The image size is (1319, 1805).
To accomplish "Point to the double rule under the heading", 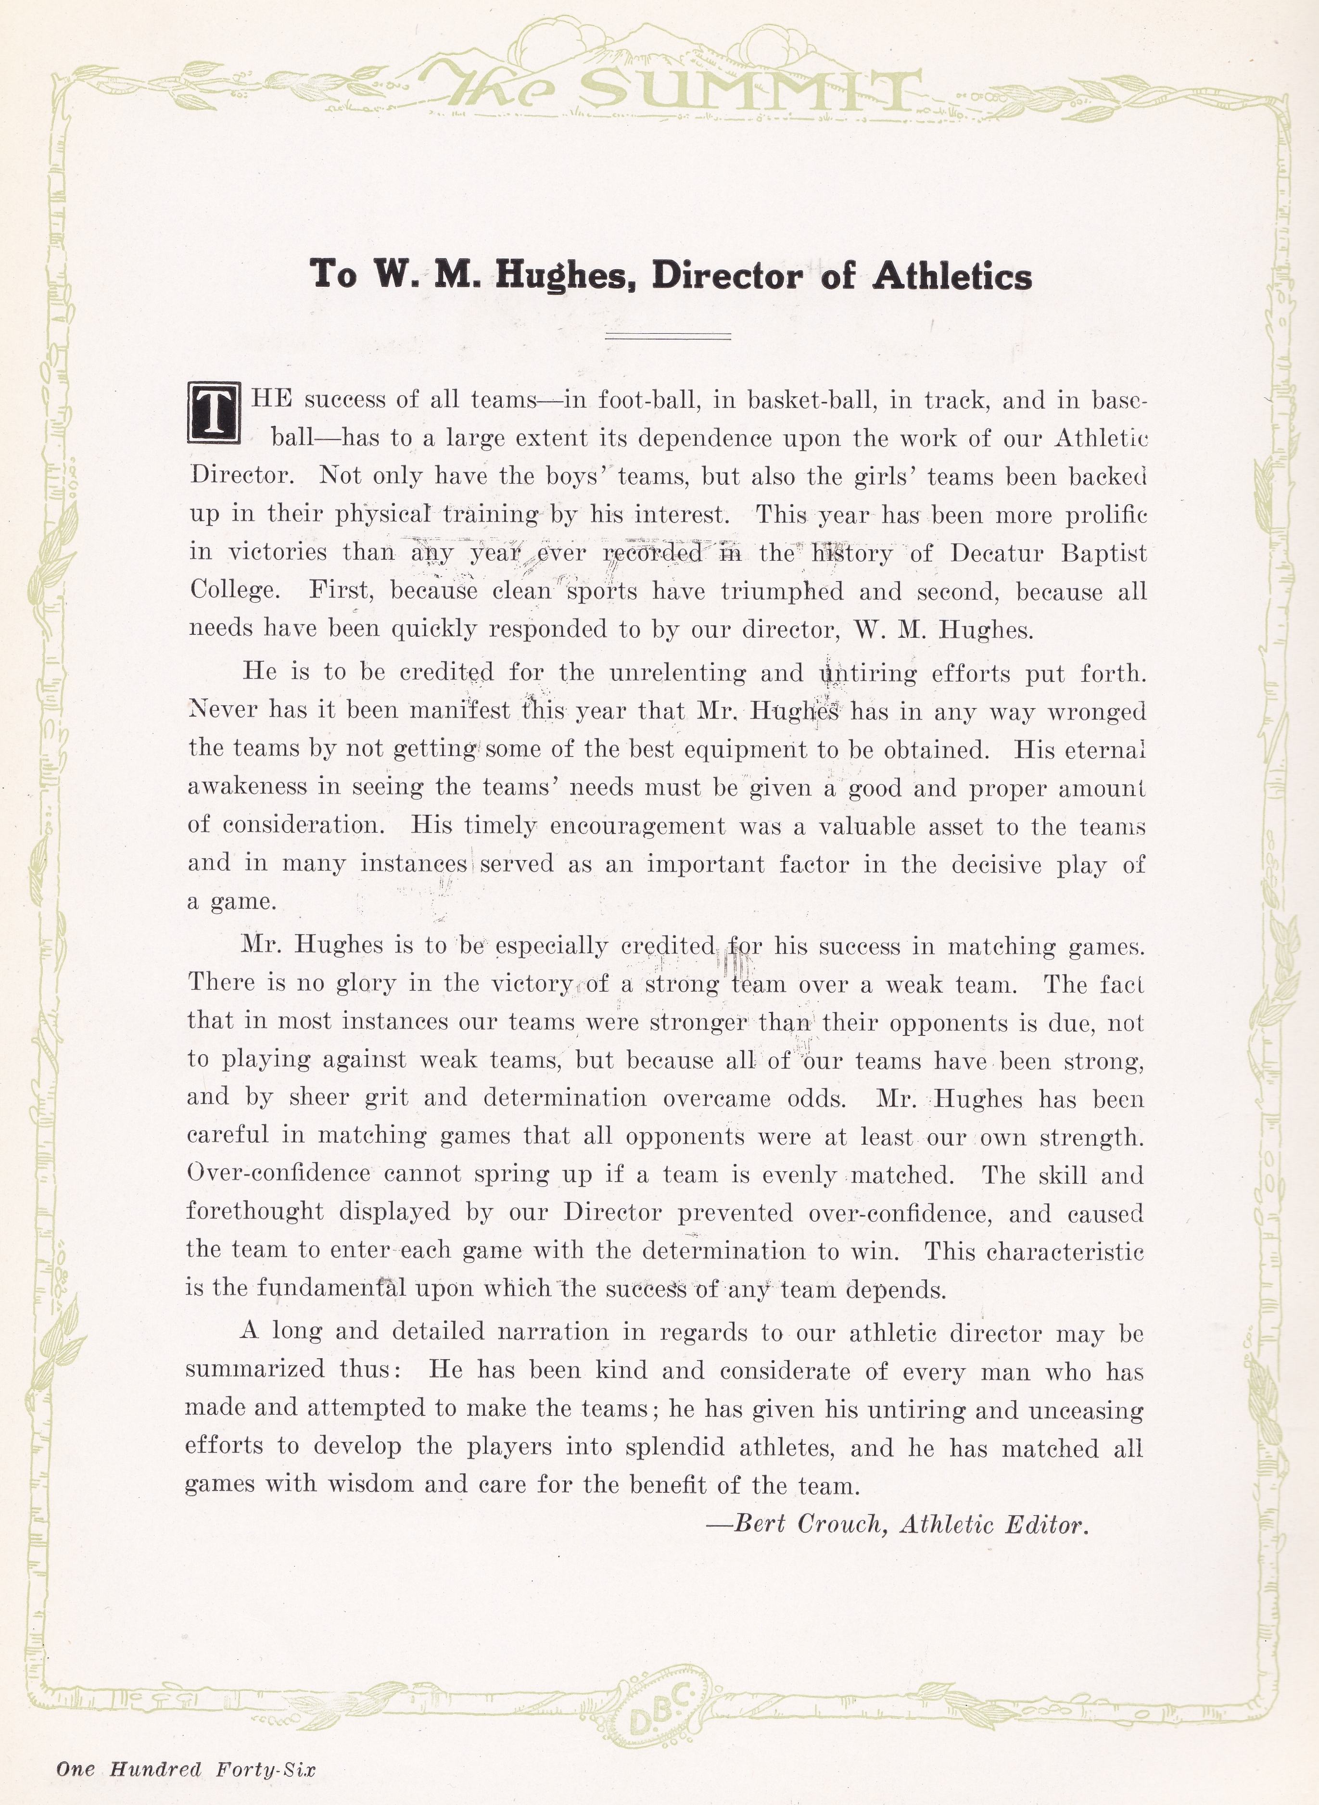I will (668, 336).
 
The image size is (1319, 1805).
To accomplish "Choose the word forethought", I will (254, 1212).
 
